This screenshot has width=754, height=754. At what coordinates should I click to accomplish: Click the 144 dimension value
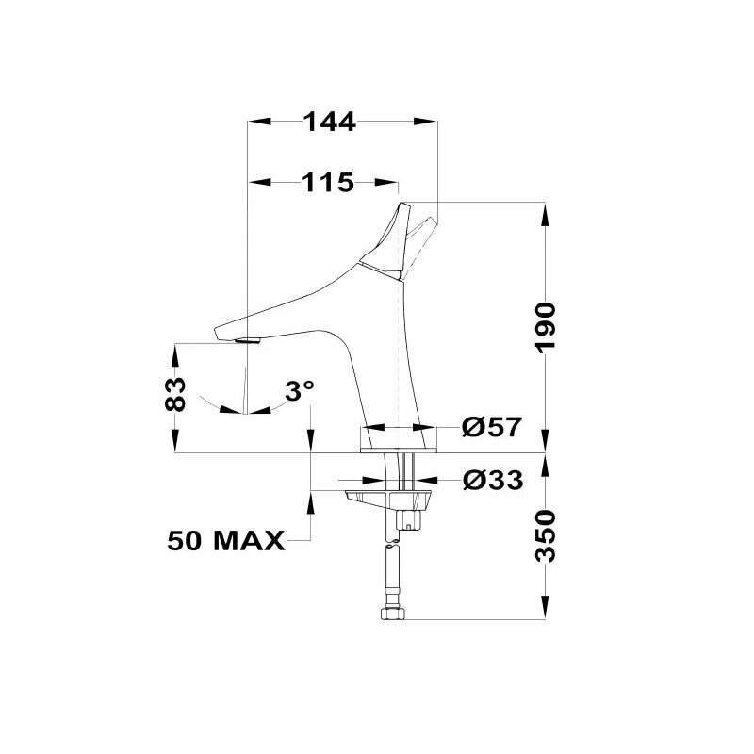[x=329, y=122]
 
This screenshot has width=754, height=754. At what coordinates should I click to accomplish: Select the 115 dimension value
[x=327, y=182]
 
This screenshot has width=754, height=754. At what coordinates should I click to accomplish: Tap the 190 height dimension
[x=547, y=327]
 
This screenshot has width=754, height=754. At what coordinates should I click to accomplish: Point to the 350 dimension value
[x=547, y=535]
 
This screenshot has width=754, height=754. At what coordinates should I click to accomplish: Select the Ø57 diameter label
[x=491, y=427]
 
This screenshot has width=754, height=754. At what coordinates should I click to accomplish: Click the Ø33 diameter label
[x=492, y=481]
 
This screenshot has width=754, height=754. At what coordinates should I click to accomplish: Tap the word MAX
[x=248, y=541]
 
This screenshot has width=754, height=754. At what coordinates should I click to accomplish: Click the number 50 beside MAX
[x=188, y=541]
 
